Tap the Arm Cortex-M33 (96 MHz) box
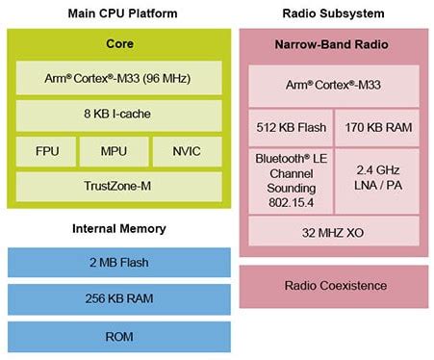point(119,77)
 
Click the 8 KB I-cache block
point(119,114)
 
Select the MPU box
point(119,150)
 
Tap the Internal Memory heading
point(119,228)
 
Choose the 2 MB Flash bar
point(119,263)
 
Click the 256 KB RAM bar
point(119,298)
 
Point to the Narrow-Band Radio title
point(333,44)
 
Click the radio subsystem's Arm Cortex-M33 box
point(333,86)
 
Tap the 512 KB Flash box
point(290,126)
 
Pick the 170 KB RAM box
point(376,126)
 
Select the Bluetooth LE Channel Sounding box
point(290,179)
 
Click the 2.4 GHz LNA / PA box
point(376,179)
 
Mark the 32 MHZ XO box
point(333,231)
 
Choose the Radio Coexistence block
point(333,285)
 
